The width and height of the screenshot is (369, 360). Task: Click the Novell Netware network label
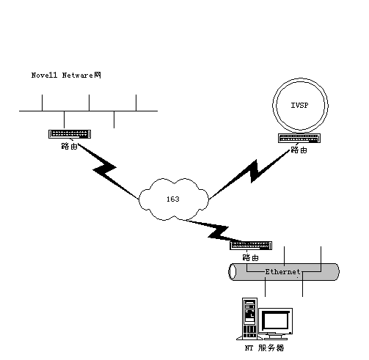[x=66, y=75]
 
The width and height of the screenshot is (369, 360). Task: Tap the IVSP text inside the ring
[x=299, y=106]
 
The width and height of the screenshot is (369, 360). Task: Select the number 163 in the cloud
[x=173, y=199]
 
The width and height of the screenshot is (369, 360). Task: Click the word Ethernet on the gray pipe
[x=282, y=272]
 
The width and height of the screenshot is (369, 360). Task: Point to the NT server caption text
[x=265, y=348]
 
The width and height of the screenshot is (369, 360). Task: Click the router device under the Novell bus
[x=70, y=134]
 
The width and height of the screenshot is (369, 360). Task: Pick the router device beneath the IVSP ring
[x=299, y=138]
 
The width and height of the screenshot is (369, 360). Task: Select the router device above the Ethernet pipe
[x=251, y=246]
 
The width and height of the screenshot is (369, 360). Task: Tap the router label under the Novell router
[x=70, y=146]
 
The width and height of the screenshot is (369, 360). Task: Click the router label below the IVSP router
[x=299, y=150]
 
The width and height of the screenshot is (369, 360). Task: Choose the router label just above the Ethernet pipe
[x=251, y=257]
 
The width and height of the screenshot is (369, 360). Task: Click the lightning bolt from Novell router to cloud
[x=108, y=170]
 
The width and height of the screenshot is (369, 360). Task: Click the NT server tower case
[x=249, y=318]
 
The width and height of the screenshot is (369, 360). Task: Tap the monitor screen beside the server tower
[x=275, y=320]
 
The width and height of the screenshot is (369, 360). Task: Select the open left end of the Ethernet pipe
[x=232, y=272]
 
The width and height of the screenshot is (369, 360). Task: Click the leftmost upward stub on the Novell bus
[x=42, y=103]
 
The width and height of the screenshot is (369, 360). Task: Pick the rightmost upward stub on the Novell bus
[x=136, y=103]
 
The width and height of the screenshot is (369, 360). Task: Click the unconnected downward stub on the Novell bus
[x=114, y=120]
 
